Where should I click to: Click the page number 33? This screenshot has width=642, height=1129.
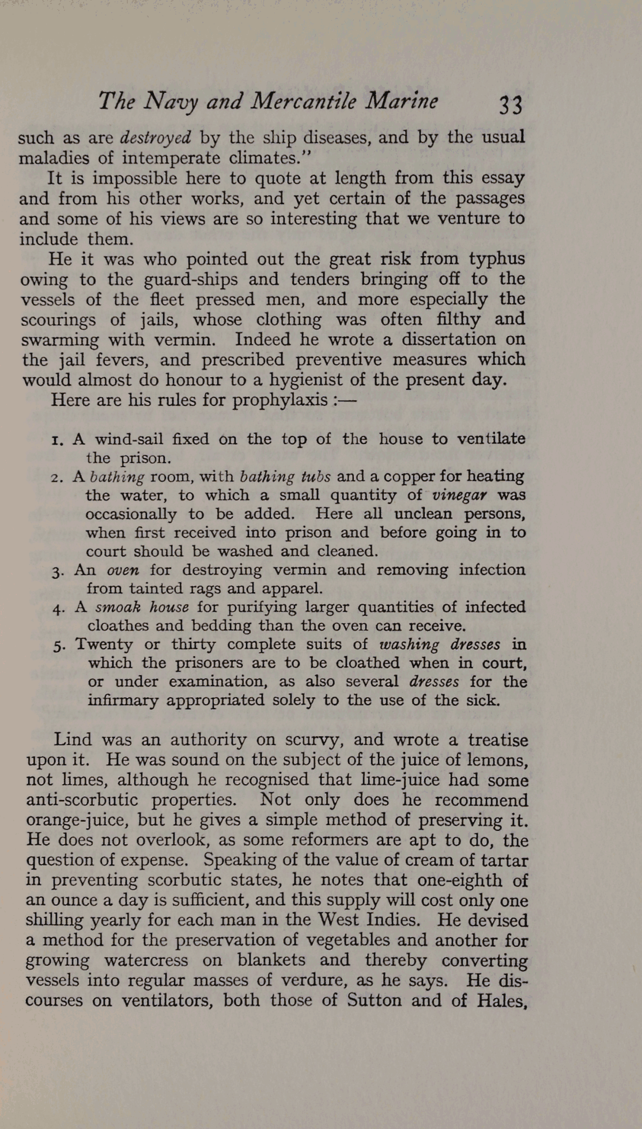click(511, 105)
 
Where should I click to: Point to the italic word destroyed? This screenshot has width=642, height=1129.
click(155, 138)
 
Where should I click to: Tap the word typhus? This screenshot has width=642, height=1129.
click(496, 259)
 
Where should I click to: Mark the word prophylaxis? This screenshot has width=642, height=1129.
click(280, 400)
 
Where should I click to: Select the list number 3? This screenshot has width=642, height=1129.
click(56, 571)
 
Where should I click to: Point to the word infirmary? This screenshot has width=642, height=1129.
click(123, 701)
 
